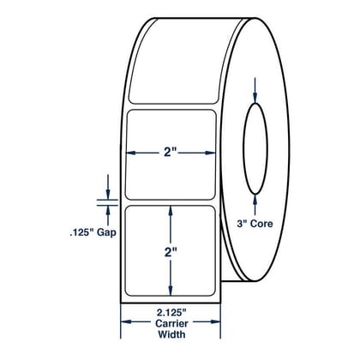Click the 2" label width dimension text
click(x=171, y=153)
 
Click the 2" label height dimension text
click(x=171, y=252)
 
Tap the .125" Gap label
click(x=93, y=232)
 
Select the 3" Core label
click(x=255, y=224)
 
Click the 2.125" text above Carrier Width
click(x=171, y=313)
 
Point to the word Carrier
click(x=171, y=323)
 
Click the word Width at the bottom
click(x=171, y=334)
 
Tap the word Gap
click(x=106, y=232)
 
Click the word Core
click(x=261, y=224)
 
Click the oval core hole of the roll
click(x=255, y=148)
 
